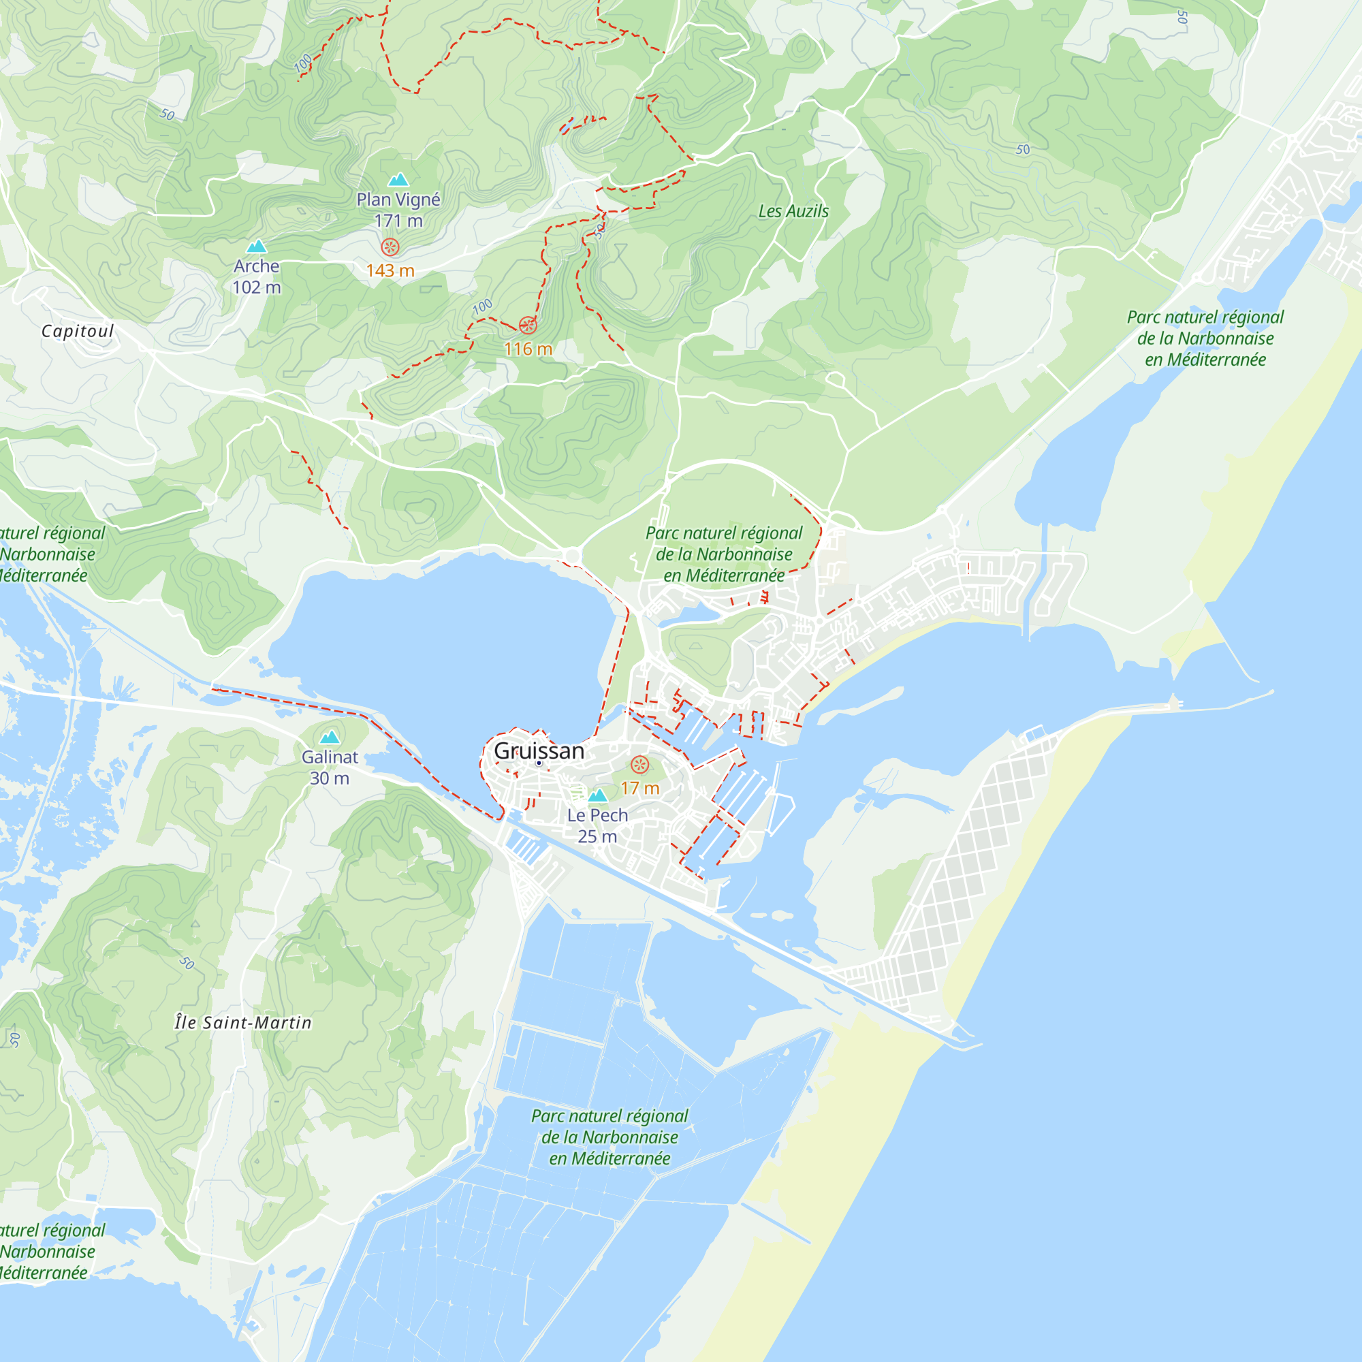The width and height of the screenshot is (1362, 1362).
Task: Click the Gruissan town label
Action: (x=539, y=750)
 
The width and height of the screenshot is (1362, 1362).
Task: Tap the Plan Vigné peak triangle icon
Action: (x=398, y=180)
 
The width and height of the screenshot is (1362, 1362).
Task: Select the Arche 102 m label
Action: (x=257, y=276)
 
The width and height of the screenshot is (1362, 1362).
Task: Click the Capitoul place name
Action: (x=78, y=332)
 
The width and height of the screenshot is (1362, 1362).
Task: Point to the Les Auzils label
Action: (x=793, y=212)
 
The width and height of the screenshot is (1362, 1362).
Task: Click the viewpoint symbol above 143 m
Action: (x=390, y=247)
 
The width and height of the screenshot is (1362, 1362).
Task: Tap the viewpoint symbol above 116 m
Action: (x=527, y=325)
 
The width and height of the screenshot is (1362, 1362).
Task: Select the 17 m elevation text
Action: (x=639, y=788)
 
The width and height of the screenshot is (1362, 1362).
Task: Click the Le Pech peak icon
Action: (x=597, y=795)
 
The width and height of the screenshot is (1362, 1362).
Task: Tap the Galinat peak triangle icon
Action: (x=329, y=738)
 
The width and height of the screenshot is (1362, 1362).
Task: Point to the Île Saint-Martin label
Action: (x=243, y=1022)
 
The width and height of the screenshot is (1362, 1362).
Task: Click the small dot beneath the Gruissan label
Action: (x=539, y=763)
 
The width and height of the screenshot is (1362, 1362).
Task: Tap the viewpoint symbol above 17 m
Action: (x=639, y=764)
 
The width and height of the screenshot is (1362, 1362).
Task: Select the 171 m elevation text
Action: (x=398, y=221)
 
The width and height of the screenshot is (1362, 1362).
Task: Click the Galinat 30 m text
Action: (x=329, y=767)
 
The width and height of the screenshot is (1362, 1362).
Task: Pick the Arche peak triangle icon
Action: (x=257, y=246)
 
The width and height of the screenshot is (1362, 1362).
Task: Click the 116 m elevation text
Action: (x=527, y=349)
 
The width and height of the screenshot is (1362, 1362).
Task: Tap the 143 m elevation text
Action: (x=390, y=271)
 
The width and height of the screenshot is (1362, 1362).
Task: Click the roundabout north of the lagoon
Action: (x=572, y=557)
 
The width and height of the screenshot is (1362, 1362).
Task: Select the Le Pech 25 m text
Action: (x=597, y=825)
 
